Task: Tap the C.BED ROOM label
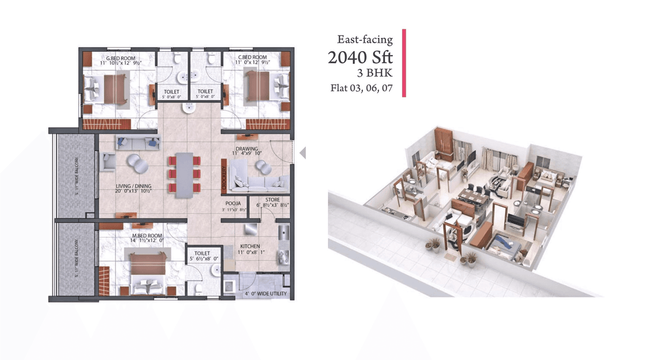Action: click(252, 58)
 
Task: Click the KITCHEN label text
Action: click(250, 246)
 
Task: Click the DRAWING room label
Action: click(246, 149)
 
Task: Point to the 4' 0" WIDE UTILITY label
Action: click(266, 293)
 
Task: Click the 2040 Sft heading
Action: click(360, 58)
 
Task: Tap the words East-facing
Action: click(365, 39)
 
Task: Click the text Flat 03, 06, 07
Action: click(361, 88)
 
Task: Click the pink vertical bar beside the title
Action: click(404, 63)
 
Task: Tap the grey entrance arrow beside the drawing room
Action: click(303, 152)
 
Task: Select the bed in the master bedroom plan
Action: click(147, 272)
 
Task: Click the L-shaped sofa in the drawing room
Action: click(257, 176)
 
